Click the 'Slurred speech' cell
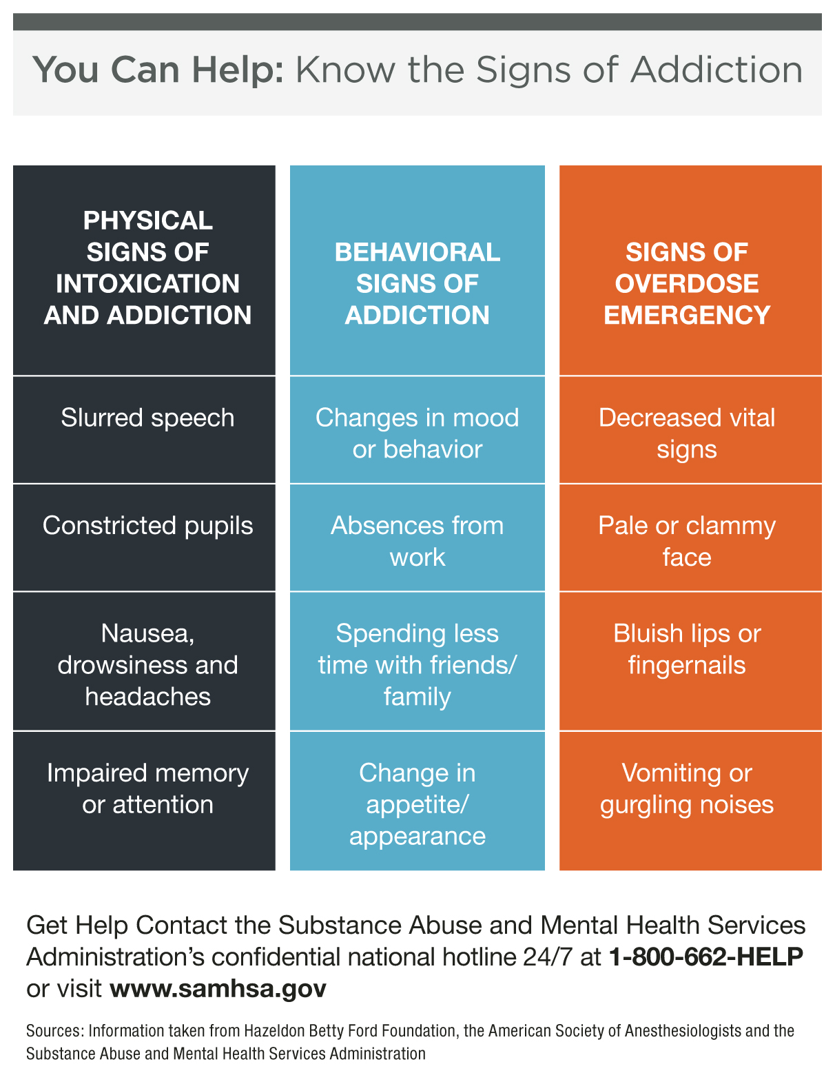(x=144, y=430)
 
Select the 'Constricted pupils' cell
(x=144, y=538)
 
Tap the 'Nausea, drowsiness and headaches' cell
(x=144, y=661)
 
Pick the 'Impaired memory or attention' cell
(x=144, y=801)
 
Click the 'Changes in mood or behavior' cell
(x=417, y=430)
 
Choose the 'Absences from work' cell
(x=417, y=538)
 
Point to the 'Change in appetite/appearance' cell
(x=417, y=801)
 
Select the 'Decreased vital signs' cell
(x=690, y=430)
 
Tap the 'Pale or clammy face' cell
(x=690, y=538)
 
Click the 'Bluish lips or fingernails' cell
(x=690, y=661)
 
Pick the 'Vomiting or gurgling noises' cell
(x=690, y=801)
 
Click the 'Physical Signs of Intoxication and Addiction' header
(x=144, y=270)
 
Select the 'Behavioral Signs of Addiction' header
(x=417, y=270)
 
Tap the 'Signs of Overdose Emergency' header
(x=690, y=270)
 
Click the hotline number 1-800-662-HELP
(x=705, y=957)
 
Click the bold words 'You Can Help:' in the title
(x=158, y=70)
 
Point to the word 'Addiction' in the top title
(x=717, y=70)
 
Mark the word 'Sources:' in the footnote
(x=55, y=1031)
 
